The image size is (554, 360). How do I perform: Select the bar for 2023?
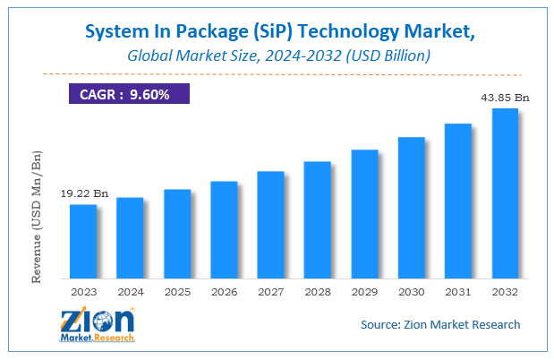(83, 241)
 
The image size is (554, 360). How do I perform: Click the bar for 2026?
(224, 229)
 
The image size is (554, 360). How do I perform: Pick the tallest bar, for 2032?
(505, 193)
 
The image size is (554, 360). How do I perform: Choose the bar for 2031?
(458, 201)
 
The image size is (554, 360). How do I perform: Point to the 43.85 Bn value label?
(505, 96)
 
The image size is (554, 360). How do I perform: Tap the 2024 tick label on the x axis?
(130, 292)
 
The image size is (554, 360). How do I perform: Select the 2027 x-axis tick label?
(270, 292)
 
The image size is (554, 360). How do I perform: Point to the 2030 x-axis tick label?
(411, 292)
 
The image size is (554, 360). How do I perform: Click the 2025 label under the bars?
(177, 292)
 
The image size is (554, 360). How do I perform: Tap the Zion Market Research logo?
(98, 325)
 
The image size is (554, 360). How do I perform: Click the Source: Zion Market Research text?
(440, 324)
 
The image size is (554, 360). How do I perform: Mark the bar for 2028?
(318, 219)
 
